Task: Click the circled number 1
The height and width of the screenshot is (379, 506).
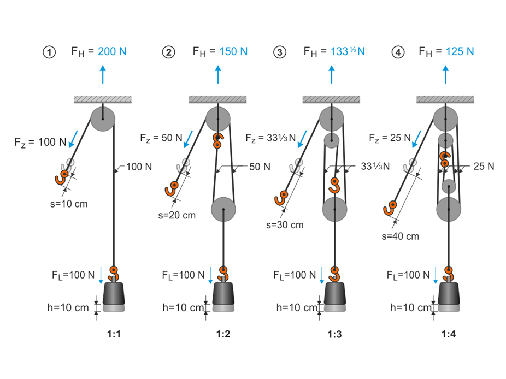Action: point(50,52)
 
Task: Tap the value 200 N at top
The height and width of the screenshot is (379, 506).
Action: point(112,52)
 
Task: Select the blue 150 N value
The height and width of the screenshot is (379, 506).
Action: point(233,52)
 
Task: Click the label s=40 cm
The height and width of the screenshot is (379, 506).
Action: point(402,236)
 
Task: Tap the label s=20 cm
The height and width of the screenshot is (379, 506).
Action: point(178,215)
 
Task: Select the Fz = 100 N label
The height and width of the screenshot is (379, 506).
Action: point(40,143)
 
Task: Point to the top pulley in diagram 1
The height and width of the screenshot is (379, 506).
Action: point(103,119)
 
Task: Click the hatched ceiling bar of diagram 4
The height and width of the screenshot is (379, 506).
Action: point(445,99)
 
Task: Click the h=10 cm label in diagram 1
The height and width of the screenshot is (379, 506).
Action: point(68,307)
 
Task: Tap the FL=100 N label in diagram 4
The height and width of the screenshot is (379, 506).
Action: point(408,275)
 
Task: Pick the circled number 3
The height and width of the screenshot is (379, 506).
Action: point(280,52)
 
